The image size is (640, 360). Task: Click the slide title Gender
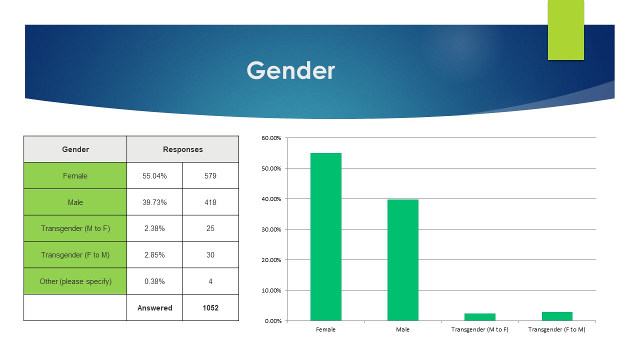click(290, 70)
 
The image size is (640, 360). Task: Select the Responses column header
click(183, 149)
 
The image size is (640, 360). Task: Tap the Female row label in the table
click(75, 175)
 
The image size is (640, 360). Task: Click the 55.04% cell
click(154, 175)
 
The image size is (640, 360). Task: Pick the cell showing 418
click(210, 202)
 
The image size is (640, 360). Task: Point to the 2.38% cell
click(154, 228)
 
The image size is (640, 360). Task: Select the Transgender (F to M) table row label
click(75, 255)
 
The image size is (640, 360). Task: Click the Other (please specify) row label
click(75, 281)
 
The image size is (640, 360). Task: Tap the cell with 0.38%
click(154, 281)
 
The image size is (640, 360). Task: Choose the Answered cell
click(154, 307)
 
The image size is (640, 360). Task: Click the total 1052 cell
click(210, 307)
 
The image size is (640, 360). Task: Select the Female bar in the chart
click(325, 237)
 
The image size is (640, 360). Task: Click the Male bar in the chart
click(403, 260)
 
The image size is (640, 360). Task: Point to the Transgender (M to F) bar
click(480, 317)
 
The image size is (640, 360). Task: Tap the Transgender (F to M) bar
click(557, 316)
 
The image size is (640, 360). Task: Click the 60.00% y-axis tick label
click(271, 138)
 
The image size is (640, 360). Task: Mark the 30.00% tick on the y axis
click(271, 229)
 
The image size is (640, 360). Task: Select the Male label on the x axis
click(402, 329)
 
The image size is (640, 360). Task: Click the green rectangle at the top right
click(565, 30)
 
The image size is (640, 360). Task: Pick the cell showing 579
click(210, 175)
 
